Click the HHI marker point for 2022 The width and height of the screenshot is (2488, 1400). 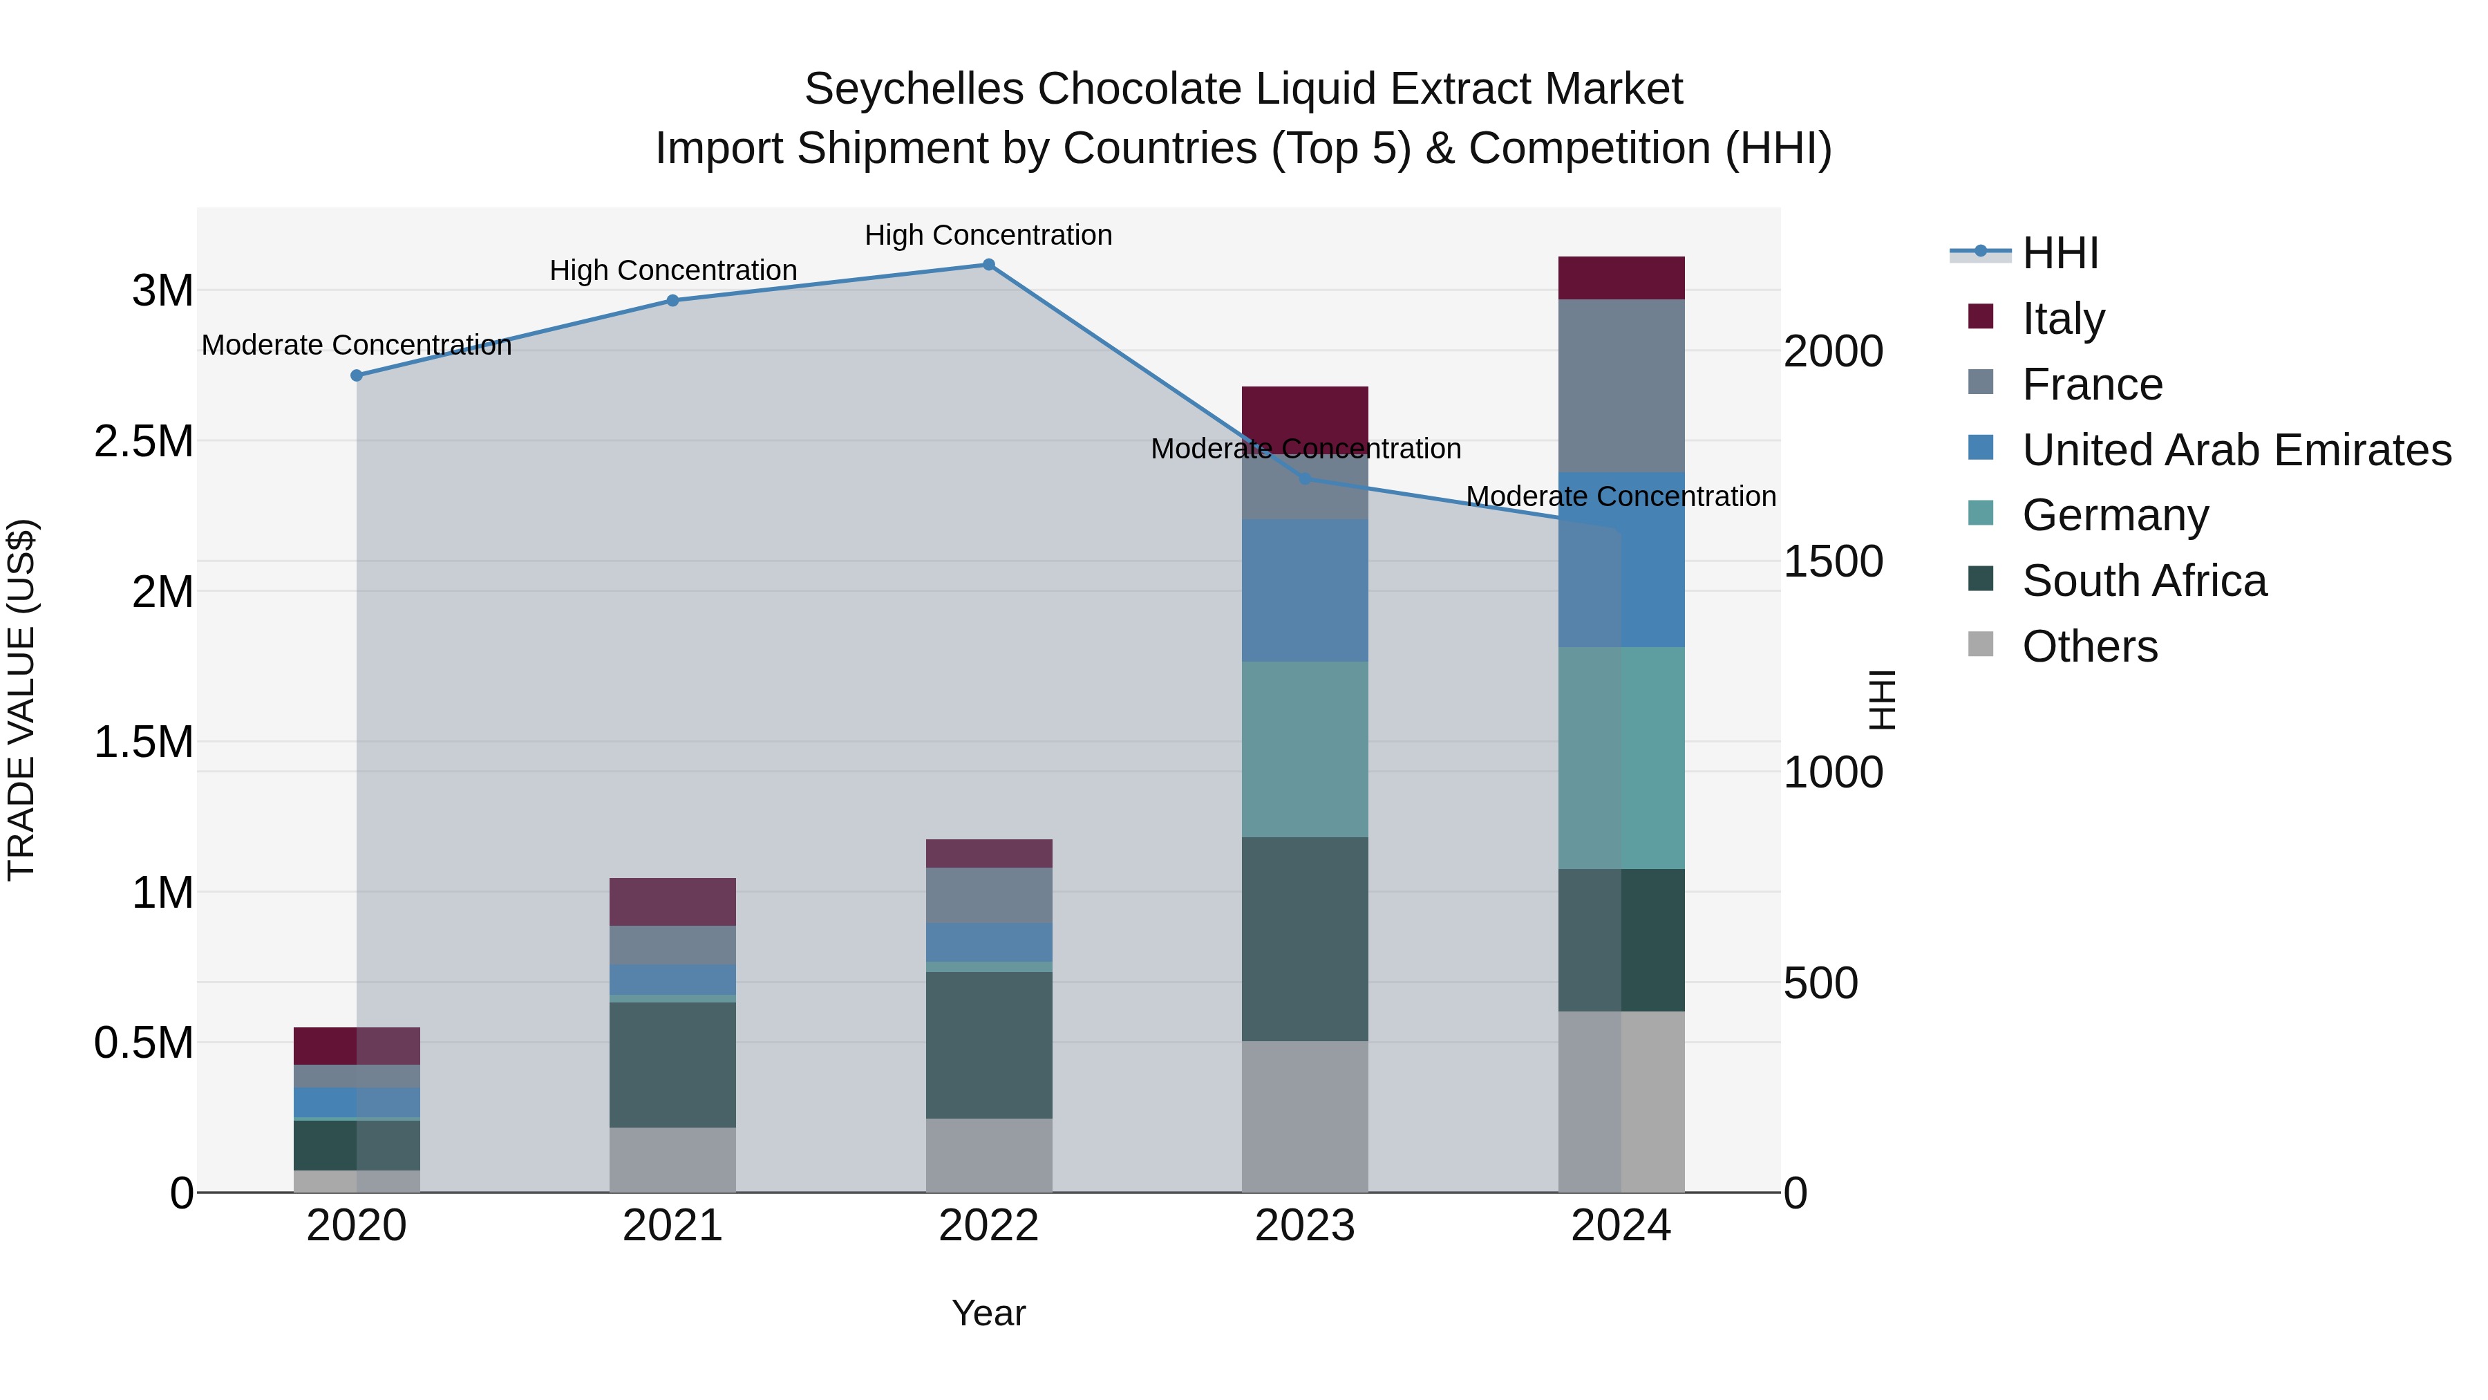(988, 265)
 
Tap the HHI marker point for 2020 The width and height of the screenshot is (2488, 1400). (357, 376)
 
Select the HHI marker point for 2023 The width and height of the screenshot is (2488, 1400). (1305, 479)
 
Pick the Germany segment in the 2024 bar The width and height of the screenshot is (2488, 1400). (1621, 758)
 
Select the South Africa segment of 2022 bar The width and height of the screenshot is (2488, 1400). (988, 1045)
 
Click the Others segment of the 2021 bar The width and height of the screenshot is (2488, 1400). (672, 1159)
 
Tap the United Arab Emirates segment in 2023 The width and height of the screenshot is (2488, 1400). (1305, 590)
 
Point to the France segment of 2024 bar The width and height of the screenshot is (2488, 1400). (1621, 386)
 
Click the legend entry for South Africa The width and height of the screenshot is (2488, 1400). (2143, 581)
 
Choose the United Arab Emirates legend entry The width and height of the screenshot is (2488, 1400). (2236, 450)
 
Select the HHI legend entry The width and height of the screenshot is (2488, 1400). (2060, 253)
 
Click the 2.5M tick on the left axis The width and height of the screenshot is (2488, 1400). (144, 442)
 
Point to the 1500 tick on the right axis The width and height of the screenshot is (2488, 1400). (1832, 562)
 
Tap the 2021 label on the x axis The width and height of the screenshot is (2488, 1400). (672, 1226)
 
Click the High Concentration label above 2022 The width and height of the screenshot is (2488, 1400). (988, 236)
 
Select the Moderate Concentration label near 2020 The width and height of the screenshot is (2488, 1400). (357, 345)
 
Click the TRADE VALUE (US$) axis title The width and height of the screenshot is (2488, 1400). (22, 700)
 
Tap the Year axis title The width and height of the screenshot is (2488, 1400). (988, 1313)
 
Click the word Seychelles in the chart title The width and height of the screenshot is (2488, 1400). (914, 90)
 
